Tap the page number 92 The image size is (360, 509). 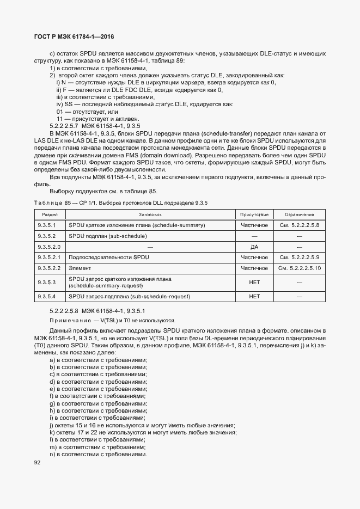[38, 463]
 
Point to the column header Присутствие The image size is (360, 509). [254, 214]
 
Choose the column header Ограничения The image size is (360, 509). [299, 214]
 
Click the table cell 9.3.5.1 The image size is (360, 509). [47, 225]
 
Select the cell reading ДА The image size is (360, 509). [254, 247]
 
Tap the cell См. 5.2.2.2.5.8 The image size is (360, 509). [299, 225]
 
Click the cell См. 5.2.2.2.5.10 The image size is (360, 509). [299, 268]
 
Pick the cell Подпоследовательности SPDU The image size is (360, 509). [108, 257]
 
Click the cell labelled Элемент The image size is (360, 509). [80, 268]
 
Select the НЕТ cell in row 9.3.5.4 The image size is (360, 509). [254, 297]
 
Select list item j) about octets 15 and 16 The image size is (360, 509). [142, 425]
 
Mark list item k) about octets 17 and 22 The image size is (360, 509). [143, 432]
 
